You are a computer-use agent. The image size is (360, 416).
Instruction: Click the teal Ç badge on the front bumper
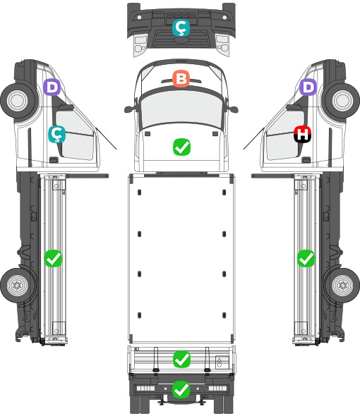click(x=181, y=27)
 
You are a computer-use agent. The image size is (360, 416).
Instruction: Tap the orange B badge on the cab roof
click(x=181, y=78)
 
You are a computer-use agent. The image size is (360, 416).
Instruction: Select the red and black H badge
click(x=302, y=134)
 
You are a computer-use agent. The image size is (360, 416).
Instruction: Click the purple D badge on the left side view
click(x=52, y=87)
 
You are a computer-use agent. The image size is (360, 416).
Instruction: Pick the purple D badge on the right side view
click(x=308, y=87)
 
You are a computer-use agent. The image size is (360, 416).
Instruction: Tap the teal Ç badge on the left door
click(x=57, y=134)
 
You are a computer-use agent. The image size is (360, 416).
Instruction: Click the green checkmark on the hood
click(x=181, y=147)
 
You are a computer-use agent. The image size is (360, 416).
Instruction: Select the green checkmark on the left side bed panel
click(x=53, y=258)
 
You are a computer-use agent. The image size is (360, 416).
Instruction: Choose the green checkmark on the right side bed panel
click(x=306, y=258)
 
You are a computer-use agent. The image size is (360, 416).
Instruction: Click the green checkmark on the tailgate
click(x=181, y=360)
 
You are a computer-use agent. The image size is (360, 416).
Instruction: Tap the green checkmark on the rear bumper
click(x=181, y=389)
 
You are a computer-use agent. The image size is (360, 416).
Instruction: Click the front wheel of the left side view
click(x=18, y=101)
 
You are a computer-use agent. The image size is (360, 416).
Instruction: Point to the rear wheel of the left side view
click(x=18, y=286)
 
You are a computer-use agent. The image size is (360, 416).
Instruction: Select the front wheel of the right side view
click(x=342, y=101)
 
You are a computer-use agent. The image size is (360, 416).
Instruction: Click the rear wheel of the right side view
click(x=343, y=286)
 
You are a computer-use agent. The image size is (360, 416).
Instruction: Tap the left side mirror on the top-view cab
click(x=130, y=109)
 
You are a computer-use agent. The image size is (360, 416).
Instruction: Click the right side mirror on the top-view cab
click(x=232, y=109)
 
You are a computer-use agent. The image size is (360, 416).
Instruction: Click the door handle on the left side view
click(x=54, y=160)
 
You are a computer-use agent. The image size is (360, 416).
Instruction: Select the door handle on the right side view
click(x=306, y=160)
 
